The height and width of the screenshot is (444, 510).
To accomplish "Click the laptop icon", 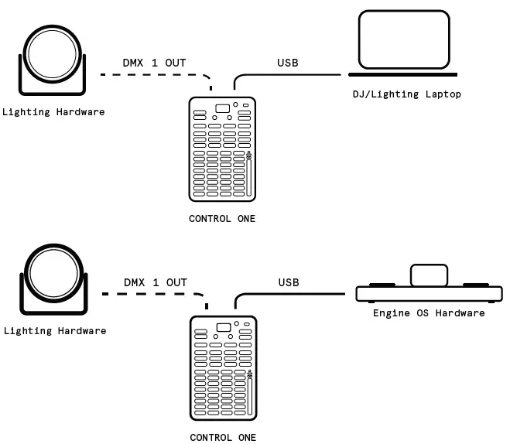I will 403,43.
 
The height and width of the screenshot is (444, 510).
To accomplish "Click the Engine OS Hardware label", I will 429,313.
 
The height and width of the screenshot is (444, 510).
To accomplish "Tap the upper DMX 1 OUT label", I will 154,63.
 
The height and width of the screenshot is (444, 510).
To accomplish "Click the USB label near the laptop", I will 288,63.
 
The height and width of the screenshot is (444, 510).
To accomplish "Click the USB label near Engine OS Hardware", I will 289,282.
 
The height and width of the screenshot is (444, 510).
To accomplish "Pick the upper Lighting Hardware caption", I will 53,112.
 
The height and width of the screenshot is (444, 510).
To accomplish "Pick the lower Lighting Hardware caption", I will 55,331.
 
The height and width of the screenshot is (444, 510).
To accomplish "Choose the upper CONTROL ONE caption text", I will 222,219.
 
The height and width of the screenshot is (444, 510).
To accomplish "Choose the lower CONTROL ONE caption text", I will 222,438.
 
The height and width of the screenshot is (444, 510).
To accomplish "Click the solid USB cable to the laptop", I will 294,75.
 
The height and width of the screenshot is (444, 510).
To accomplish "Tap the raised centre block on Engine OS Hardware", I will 429,275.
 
